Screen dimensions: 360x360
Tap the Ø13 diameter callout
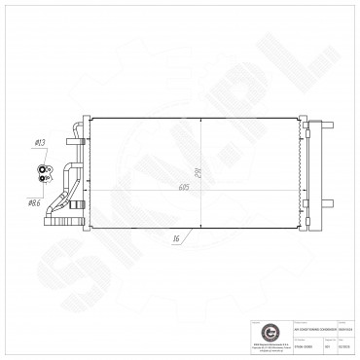tap(40, 143)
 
